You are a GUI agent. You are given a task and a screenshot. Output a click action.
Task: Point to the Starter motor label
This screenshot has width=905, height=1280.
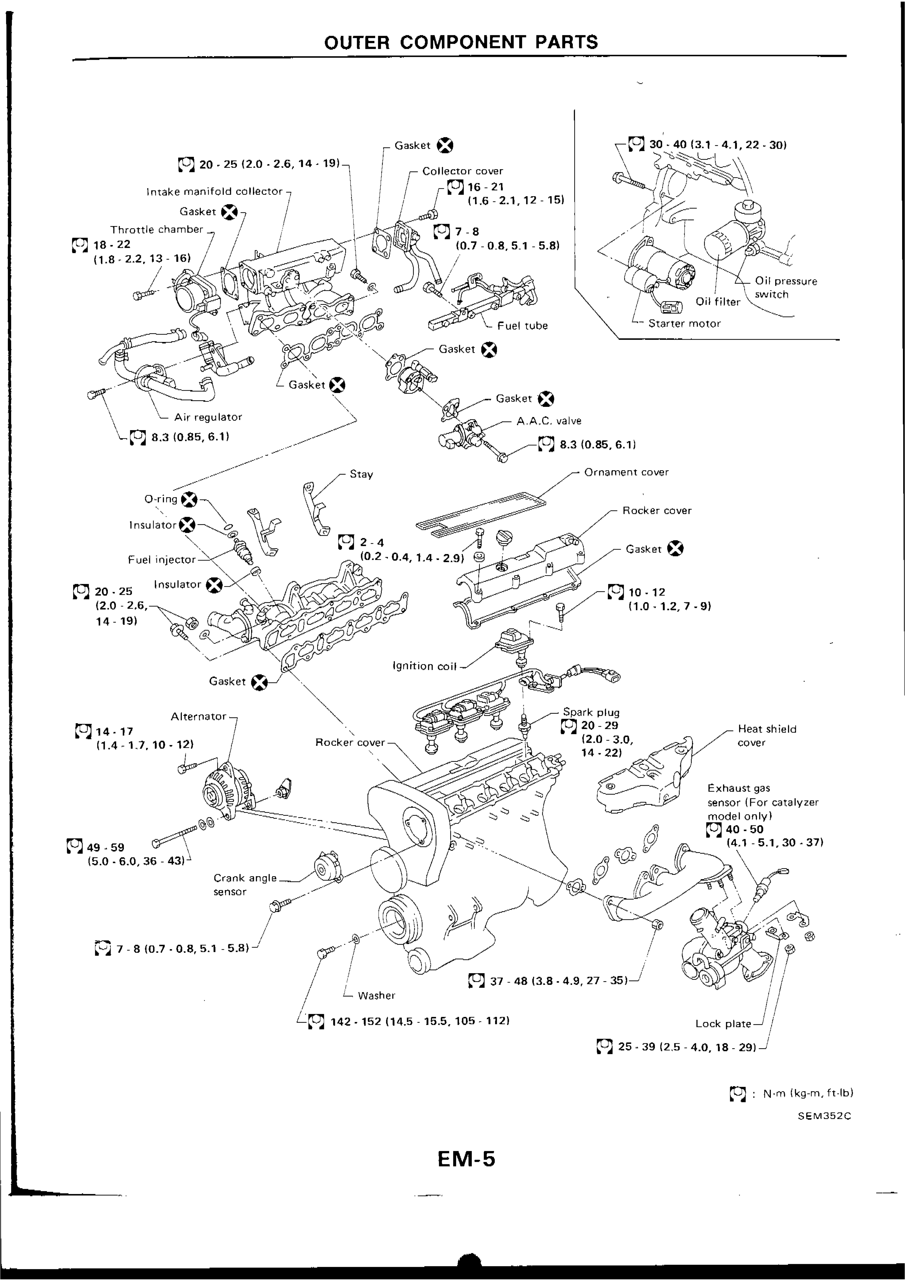(684, 323)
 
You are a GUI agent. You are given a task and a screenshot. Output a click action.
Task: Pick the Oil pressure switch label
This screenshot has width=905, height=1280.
(785, 288)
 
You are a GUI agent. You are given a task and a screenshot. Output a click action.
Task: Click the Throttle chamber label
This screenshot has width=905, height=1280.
(157, 229)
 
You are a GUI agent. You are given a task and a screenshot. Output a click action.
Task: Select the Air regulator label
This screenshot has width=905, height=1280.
(208, 417)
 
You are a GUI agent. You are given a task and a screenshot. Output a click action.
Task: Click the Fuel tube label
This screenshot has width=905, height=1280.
(523, 325)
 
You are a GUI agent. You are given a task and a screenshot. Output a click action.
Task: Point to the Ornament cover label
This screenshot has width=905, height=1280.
(626, 472)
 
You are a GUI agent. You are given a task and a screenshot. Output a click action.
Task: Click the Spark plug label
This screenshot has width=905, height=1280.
(591, 712)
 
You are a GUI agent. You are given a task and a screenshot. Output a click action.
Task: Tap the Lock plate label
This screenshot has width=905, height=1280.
(723, 1023)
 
